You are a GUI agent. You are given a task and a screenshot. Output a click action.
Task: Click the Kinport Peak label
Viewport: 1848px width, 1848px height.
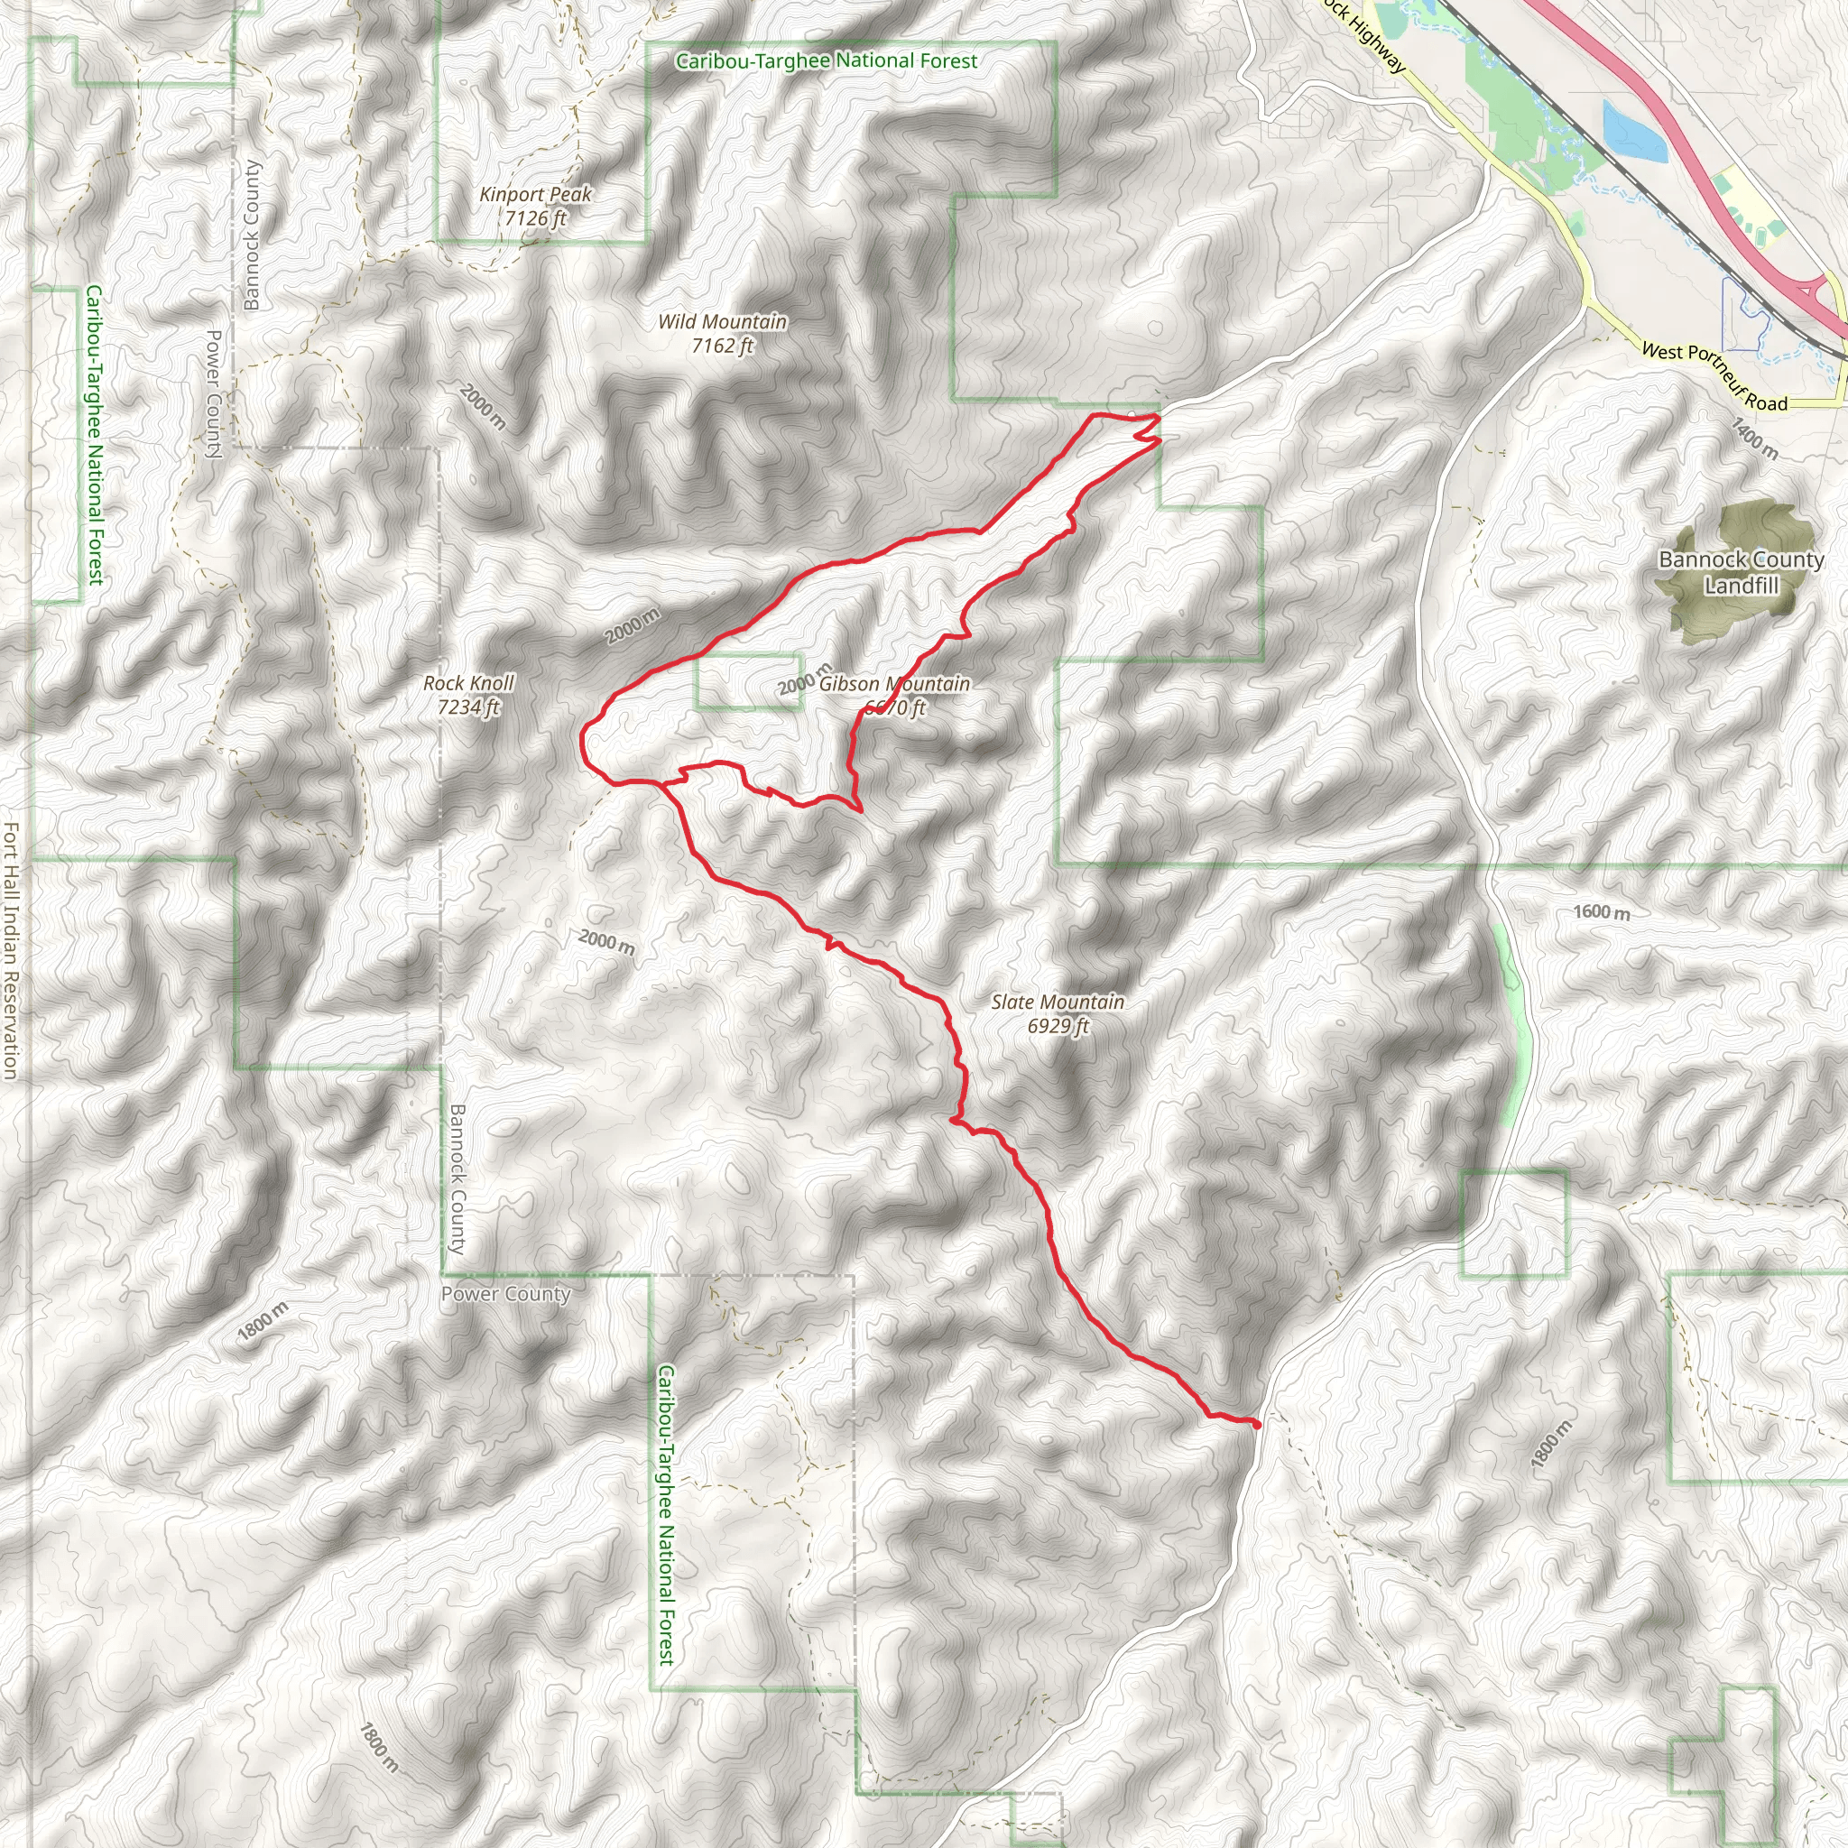click(x=536, y=194)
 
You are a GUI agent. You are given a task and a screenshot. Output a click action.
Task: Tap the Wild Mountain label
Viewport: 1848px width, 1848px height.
click(x=722, y=321)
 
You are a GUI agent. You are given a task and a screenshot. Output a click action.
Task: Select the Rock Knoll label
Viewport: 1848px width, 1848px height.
click(x=468, y=683)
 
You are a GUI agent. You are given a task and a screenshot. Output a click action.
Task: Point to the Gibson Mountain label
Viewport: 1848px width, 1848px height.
click(x=894, y=684)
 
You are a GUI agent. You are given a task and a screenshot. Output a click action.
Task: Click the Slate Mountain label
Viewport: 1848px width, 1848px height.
click(x=1057, y=1002)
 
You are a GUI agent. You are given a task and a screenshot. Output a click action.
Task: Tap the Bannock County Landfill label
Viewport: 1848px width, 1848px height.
click(x=1741, y=572)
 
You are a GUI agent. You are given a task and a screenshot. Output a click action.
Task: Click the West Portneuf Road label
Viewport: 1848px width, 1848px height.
click(x=1714, y=376)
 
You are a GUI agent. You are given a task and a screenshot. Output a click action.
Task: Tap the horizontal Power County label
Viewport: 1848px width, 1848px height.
click(x=505, y=1294)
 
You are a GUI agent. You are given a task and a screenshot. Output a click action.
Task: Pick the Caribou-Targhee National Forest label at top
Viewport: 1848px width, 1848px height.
click(x=827, y=61)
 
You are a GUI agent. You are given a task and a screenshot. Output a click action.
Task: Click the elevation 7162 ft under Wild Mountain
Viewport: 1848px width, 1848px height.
click(x=722, y=346)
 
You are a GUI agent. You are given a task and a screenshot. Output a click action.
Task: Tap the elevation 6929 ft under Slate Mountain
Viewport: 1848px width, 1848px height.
click(x=1057, y=1025)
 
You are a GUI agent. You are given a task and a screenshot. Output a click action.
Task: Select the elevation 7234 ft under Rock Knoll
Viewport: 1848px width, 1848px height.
click(x=468, y=707)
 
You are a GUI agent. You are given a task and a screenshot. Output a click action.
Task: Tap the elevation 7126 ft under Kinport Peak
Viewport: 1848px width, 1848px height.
click(x=536, y=218)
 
